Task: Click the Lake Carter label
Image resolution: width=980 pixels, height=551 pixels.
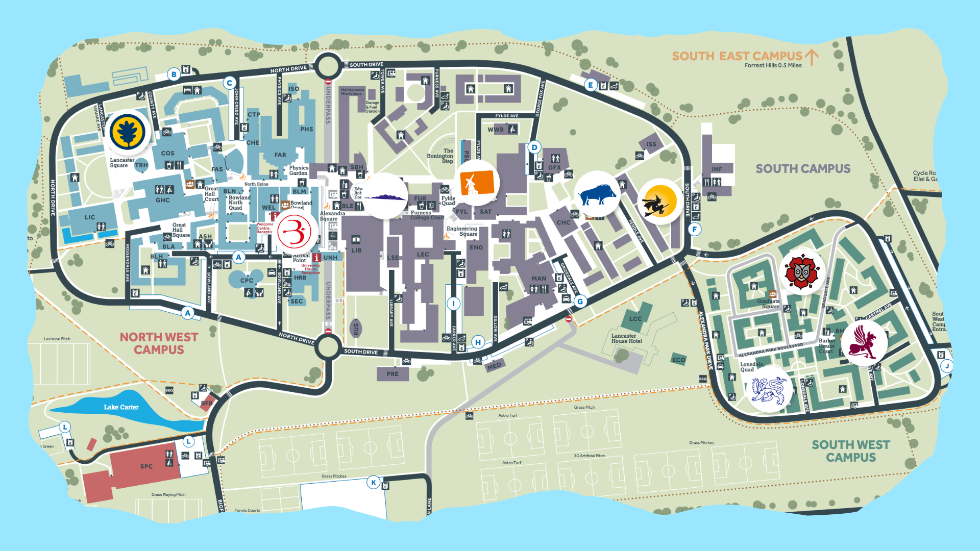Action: point(121,407)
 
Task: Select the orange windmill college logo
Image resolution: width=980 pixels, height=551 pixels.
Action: point(477,183)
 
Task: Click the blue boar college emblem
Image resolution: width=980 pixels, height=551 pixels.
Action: point(597,194)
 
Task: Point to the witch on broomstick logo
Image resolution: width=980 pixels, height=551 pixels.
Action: point(660,202)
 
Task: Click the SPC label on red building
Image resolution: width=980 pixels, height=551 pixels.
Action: point(146,466)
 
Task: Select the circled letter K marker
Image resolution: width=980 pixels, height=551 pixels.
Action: point(374,482)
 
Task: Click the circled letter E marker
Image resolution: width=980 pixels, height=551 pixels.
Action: point(591,85)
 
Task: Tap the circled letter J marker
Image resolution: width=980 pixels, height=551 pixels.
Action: point(947,366)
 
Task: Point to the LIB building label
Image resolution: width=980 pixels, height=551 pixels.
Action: point(356,251)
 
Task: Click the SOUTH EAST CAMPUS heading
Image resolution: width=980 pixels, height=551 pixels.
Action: point(737,56)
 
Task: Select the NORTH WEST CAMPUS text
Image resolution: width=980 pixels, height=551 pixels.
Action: point(159,343)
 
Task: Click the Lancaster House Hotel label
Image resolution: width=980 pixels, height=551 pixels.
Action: point(626,338)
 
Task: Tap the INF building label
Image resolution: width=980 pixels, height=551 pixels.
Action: point(717,169)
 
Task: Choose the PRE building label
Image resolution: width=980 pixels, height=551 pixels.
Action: point(392,374)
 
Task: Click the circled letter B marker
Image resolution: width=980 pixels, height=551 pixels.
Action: point(174,74)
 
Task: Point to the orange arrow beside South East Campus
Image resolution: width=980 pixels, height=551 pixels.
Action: point(812,57)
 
